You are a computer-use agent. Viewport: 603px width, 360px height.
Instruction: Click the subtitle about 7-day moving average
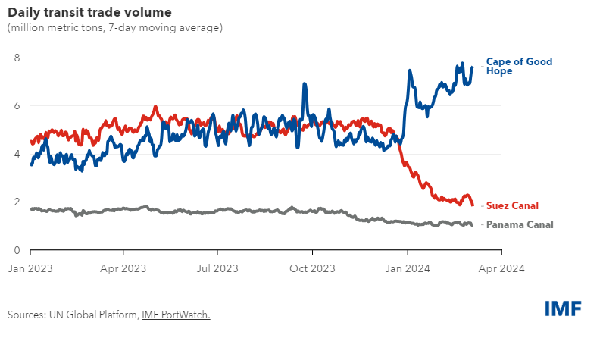coord(114,28)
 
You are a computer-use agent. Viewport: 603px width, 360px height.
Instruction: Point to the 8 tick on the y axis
coord(16,58)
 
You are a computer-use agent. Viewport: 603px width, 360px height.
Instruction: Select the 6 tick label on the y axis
coord(16,106)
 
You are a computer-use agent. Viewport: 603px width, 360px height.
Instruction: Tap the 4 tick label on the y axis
coord(16,154)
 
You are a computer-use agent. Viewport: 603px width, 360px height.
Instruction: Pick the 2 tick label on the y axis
coord(16,202)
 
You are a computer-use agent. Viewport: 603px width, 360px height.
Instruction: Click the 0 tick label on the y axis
coord(16,250)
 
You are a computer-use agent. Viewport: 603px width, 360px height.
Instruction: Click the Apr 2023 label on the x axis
coord(123,268)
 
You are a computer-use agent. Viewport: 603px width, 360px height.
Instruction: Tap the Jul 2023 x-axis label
coord(217,268)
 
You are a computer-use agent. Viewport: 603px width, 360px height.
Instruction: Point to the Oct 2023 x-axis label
coord(312,268)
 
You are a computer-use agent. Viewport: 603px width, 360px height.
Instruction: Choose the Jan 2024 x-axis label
coord(408,268)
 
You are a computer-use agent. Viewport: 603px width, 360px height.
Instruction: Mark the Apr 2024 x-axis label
coord(501,268)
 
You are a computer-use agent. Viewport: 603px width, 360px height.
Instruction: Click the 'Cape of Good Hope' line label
coord(519,66)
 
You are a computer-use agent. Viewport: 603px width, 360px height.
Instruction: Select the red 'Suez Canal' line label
coord(514,205)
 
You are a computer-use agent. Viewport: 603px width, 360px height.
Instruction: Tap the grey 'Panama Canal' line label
coord(520,224)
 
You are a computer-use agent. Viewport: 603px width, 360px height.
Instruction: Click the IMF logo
coord(563,308)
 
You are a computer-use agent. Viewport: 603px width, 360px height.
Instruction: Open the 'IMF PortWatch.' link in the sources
coord(176,315)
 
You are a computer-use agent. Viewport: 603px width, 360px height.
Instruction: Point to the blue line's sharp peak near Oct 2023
coord(305,84)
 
